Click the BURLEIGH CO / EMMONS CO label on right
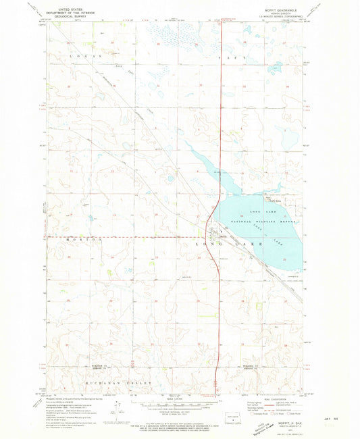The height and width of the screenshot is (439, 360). tap(251, 368)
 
